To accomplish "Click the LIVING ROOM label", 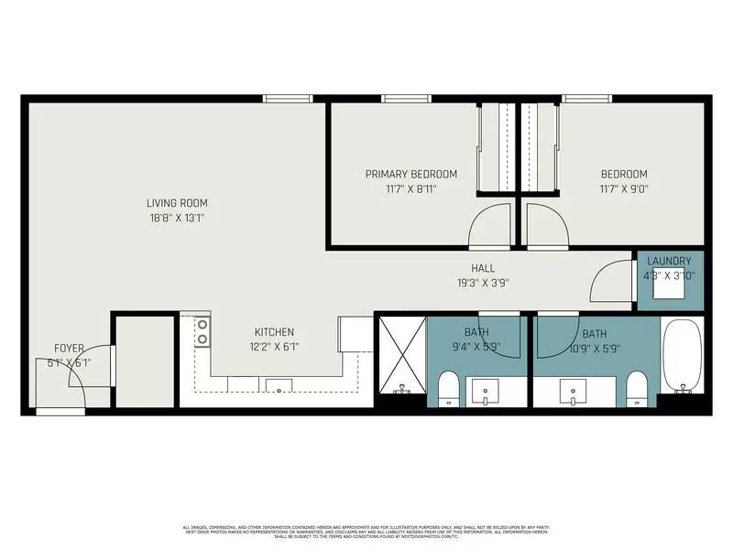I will click(x=177, y=203).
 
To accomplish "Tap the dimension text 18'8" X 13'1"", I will click(x=177, y=219).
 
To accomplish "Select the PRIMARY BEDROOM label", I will click(x=410, y=174).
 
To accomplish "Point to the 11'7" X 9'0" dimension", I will click(x=623, y=189).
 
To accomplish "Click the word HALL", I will click(x=483, y=268).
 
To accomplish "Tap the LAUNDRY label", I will click(x=669, y=261).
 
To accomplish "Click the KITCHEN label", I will click(x=274, y=332).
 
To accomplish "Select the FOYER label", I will click(x=69, y=348).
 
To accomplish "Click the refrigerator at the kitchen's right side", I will click(x=352, y=335).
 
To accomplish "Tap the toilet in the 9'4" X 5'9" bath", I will click(x=449, y=388).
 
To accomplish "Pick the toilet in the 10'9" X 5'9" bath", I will click(x=635, y=388).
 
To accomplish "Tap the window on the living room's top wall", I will click(x=287, y=98).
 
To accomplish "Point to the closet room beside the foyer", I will click(x=144, y=361).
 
